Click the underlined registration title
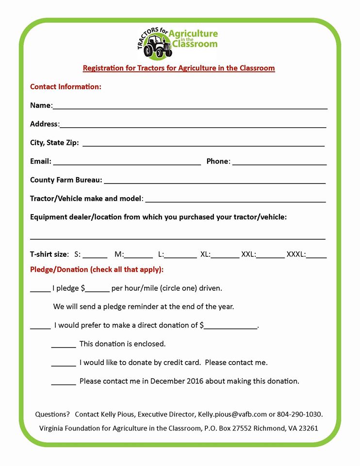click(x=179, y=68)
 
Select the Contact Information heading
click(x=65, y=87)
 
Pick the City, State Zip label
click(x=54, y=143)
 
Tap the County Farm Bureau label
click(x=66, y=180)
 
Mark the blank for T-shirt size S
click(x=98, y=255)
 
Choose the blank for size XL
click(x=225, y=255)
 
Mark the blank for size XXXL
click(x=316, y=255)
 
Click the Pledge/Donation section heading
click(x=97, y=269)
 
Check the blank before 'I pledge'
click(x=40, y=290)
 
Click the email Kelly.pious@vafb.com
click(x=232, y=415)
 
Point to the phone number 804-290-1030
click(x=299, y=415)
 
